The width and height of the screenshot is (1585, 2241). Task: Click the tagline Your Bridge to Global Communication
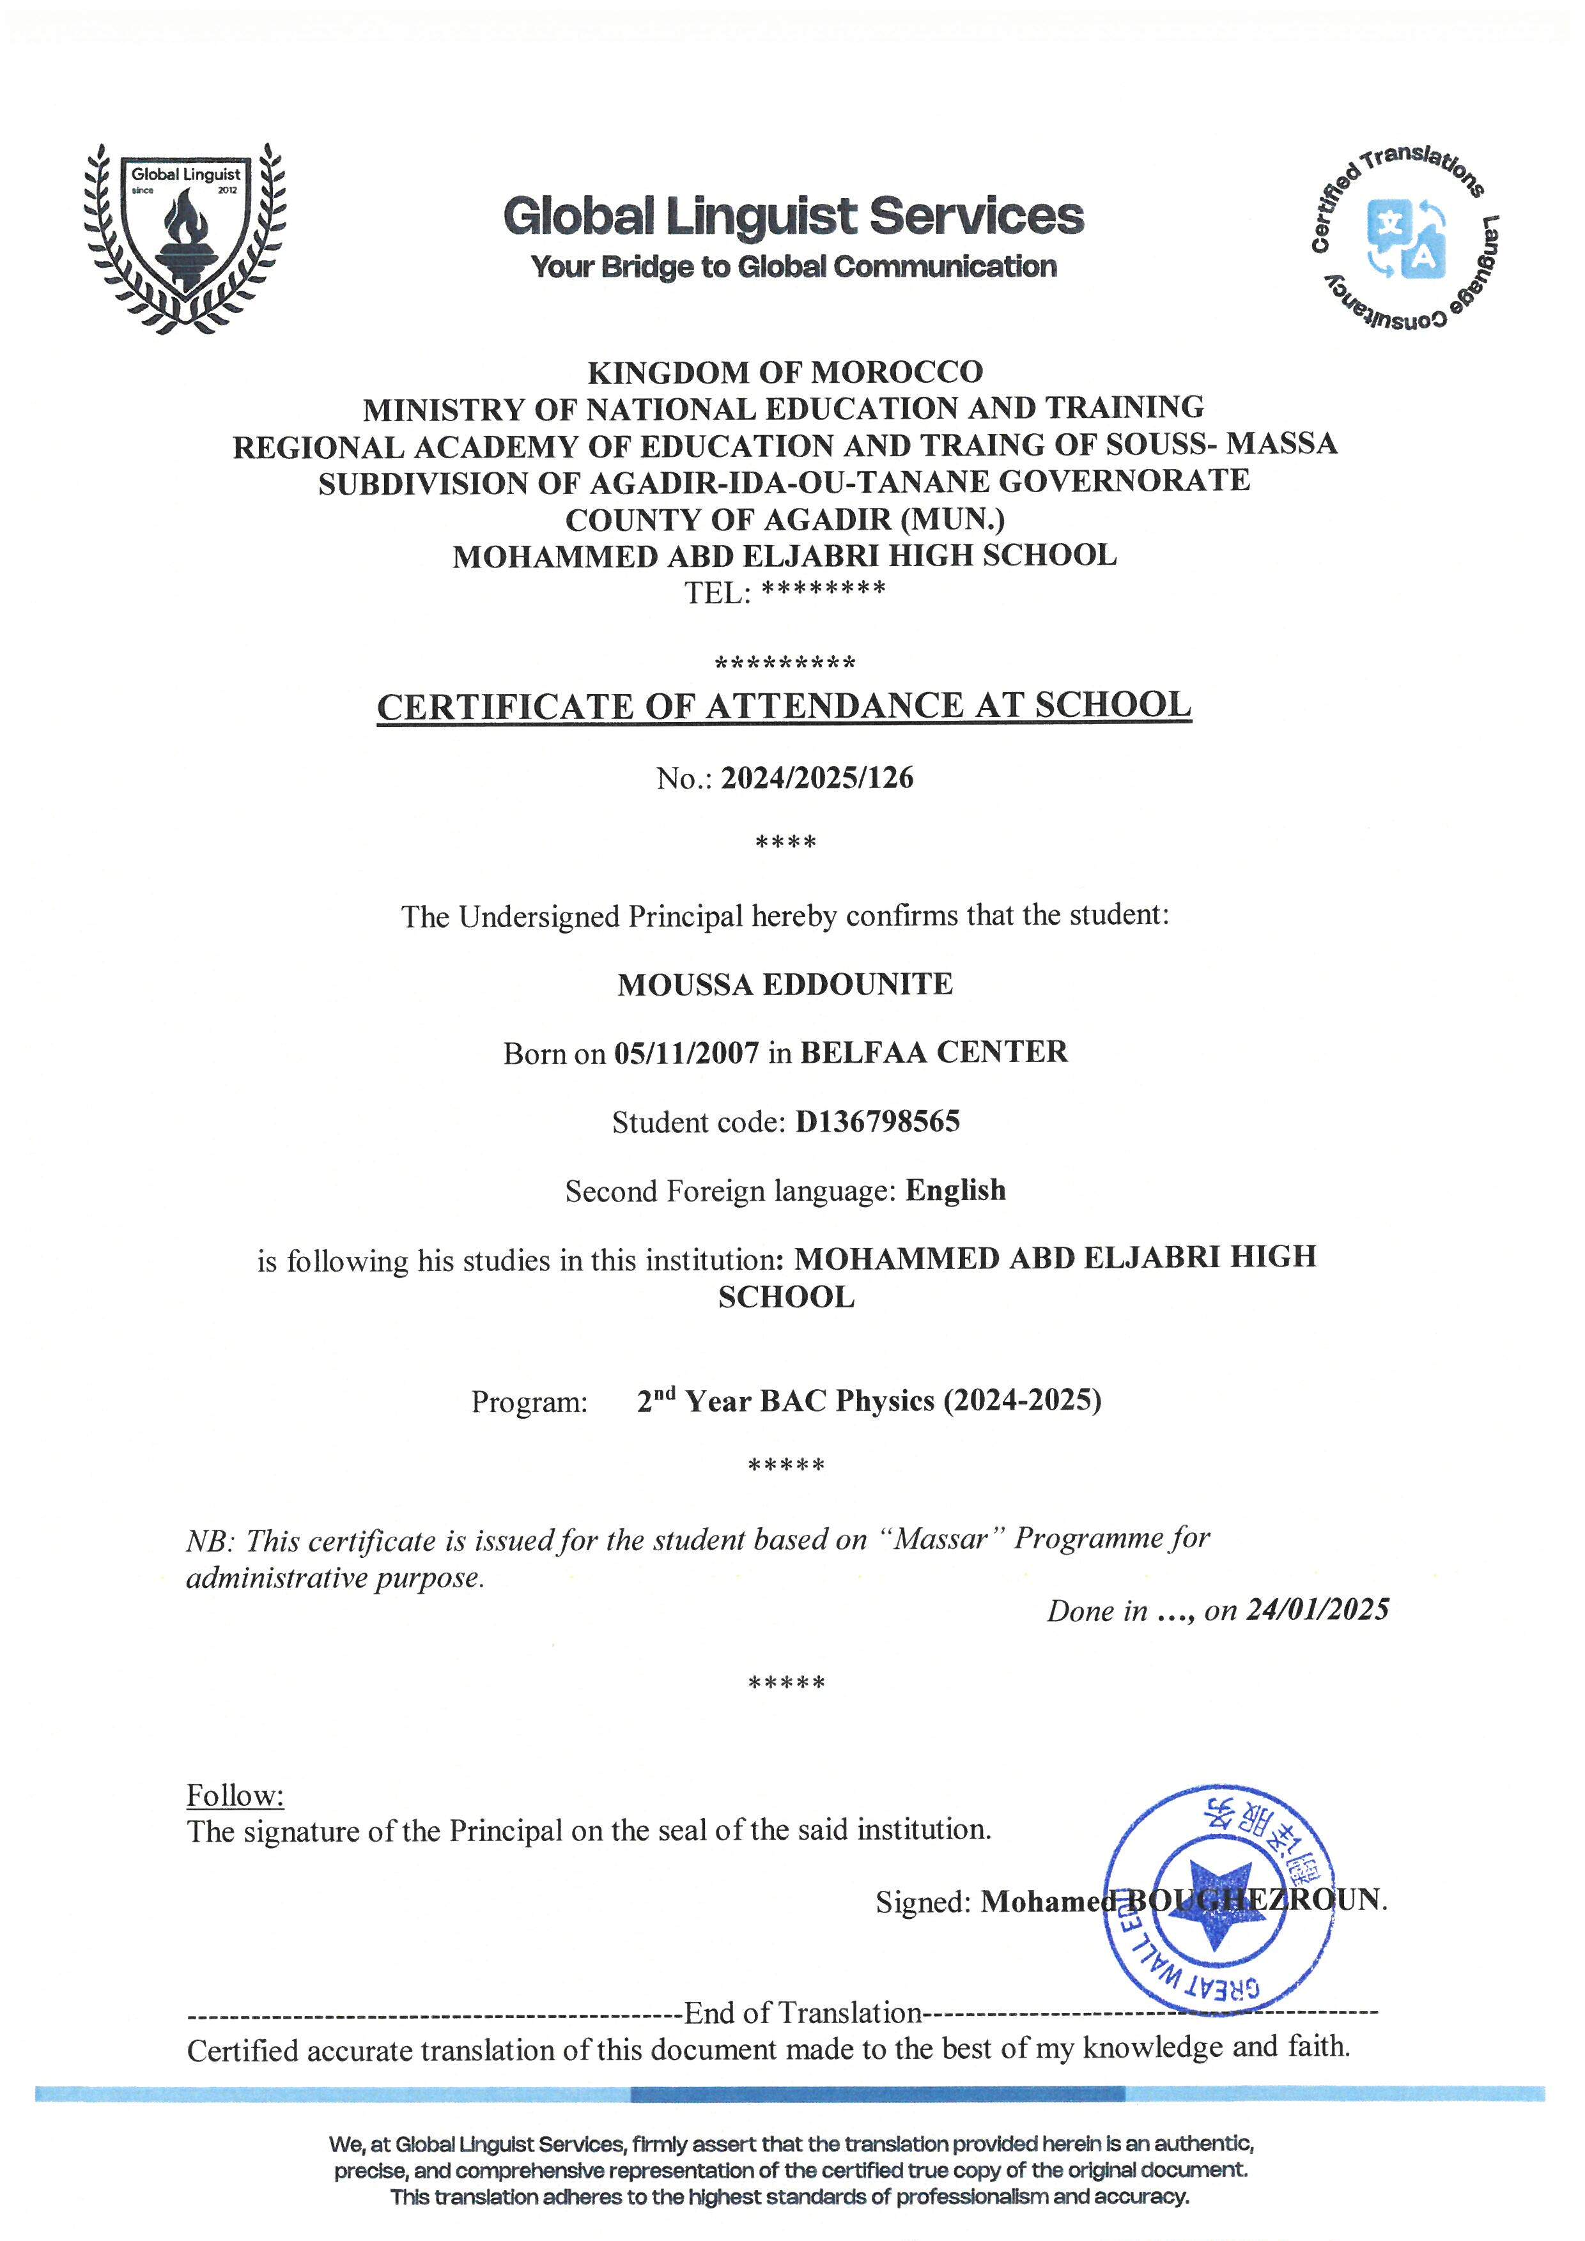792,266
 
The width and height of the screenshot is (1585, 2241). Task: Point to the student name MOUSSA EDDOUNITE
785,984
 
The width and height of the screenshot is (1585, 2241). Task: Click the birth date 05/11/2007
686,1053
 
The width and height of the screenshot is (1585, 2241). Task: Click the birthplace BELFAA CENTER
934,1052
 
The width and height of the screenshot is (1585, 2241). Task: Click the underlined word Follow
235,1795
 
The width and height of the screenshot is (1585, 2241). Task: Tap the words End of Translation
802,2013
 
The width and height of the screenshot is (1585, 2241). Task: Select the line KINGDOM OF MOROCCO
785,372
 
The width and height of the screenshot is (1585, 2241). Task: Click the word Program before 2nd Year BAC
529,1403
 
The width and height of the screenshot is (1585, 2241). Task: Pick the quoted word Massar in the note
941,1540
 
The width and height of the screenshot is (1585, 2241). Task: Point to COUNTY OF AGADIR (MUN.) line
785,520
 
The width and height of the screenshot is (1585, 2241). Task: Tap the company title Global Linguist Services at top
792,216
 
